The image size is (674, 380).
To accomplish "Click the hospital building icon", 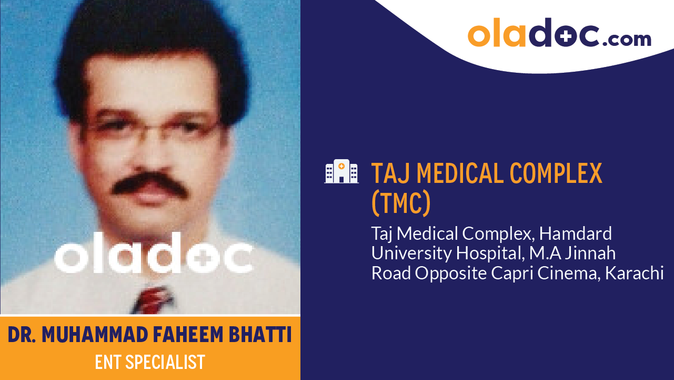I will [341, 172].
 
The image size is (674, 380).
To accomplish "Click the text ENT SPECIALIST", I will [150, 362].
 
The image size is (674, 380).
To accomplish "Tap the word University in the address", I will [411, 254].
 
